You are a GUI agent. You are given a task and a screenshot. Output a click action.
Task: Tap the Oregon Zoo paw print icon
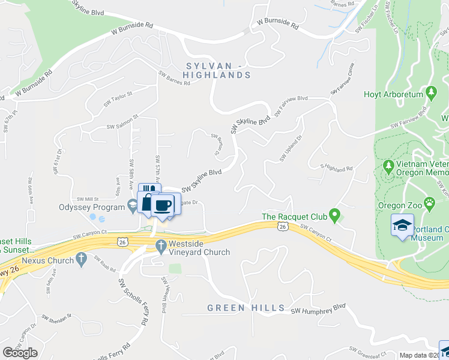coord(430,204)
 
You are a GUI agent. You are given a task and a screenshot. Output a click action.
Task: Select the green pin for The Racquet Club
coord(336,213)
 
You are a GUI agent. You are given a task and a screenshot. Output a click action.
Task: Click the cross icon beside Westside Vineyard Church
coord(160,245)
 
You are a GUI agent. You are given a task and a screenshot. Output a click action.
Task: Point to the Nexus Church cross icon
coord(82,260)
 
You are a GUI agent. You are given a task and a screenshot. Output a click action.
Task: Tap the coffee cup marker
coord(163,206)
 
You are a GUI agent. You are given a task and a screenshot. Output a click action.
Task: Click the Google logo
coord(20,353)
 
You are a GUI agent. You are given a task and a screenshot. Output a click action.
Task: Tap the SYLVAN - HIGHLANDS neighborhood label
coord(217,70)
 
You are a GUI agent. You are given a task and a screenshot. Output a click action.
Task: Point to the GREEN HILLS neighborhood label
coord(246,308)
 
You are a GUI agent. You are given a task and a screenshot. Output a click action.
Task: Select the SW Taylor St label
coord(118,98)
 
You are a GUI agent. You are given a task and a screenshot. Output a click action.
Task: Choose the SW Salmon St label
coord(122,122)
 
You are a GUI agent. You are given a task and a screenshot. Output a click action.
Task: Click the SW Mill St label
coord(88,199)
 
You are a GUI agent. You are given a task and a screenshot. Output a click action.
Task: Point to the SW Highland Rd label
coord(336,169)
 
